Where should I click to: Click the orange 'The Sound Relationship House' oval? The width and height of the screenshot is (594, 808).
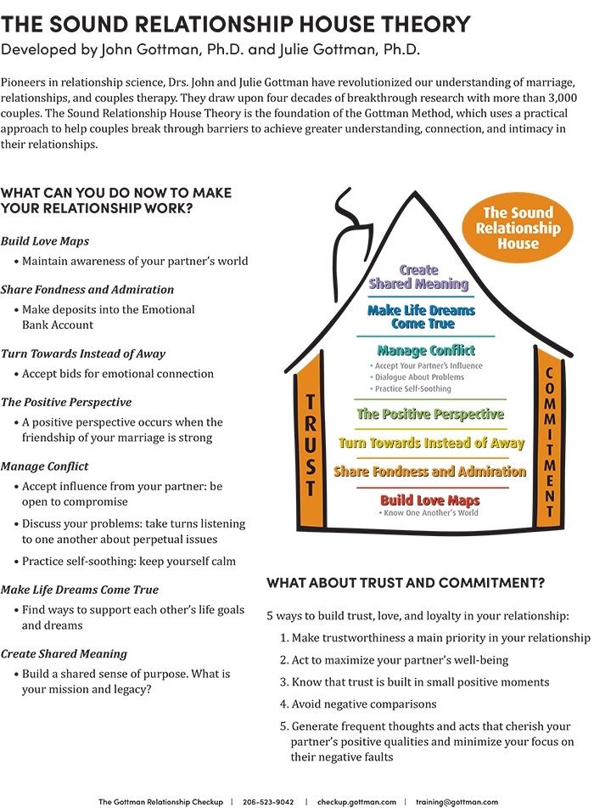[518, 228]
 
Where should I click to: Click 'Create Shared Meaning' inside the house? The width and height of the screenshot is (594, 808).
[418, 277]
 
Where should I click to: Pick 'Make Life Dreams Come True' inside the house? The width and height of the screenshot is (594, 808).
[422, 317]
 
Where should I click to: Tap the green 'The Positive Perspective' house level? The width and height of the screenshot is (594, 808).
[430, 414]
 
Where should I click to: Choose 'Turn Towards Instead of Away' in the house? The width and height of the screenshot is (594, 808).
[431, 443]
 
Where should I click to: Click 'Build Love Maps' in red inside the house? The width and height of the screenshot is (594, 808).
[429, 500]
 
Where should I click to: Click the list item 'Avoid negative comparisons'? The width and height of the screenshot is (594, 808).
[365, 703]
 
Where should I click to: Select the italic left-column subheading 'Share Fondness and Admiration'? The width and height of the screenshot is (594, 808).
[87, 289]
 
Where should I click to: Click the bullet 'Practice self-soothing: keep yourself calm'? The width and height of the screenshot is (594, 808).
[129, 561]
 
